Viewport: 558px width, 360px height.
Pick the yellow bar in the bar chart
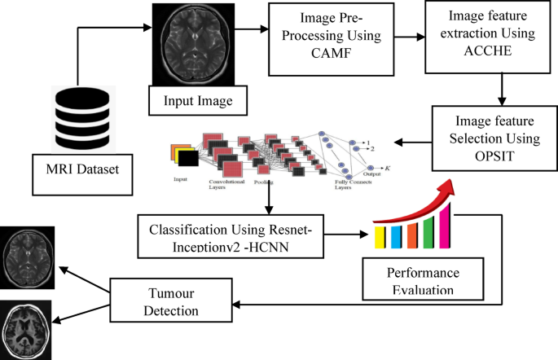[380, 237]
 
